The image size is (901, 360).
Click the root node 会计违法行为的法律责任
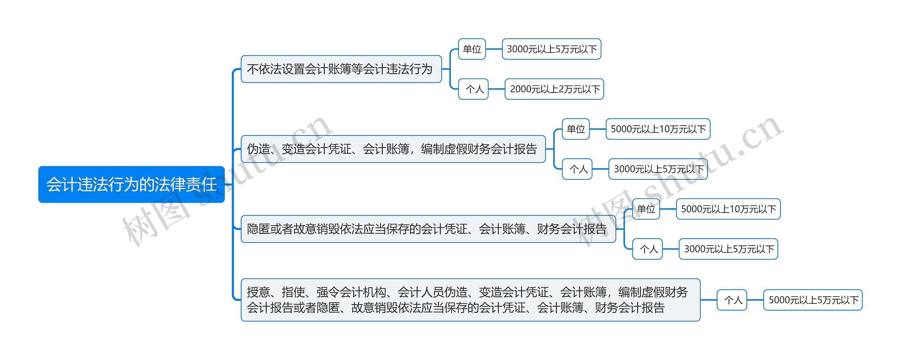(x=131, y=184)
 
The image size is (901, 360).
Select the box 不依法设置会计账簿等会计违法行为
(x=341, y=69)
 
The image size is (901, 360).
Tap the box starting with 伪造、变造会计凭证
(x=393, y=149)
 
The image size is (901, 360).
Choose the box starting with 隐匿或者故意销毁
(x=428, y=229)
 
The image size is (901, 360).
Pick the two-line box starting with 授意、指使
(x=470, y=300)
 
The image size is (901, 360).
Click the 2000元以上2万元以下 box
(x=554, y=89)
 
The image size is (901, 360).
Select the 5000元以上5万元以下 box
(x=813, y=300)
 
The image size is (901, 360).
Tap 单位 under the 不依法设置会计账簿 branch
(x=472, y=49)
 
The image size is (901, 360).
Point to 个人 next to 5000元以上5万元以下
(x=732, y=300)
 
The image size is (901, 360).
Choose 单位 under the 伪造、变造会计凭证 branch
(x=576, y=129)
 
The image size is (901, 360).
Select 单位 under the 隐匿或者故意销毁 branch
(x=646, y=209)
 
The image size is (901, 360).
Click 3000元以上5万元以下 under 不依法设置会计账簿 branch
(x=552, y=49)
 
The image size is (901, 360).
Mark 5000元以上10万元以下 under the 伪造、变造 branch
(x=658, y=129)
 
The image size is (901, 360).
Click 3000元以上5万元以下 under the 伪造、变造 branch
(x=658, y=169)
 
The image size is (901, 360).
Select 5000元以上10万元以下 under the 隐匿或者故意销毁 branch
(x=728, y=209)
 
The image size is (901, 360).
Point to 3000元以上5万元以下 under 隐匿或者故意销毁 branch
(x=728, y=249)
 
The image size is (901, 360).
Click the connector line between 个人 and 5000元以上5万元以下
(x=755, y=300)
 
